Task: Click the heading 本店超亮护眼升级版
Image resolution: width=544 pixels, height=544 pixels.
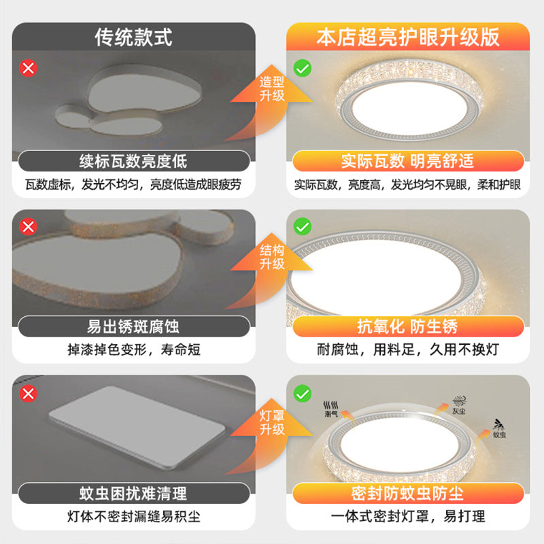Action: pyautogui.click(x=408, y=37)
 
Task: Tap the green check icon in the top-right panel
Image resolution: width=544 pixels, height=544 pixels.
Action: pyautogui.click(x=302, y=68)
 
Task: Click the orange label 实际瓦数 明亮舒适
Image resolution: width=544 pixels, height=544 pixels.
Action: pyautogui.click(x=408, y=161)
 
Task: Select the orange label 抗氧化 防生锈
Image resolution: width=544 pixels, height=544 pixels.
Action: pyautogui.click(x=408, y=326)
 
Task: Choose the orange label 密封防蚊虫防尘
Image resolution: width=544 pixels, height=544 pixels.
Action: pyautogui.click(x=408, y=492)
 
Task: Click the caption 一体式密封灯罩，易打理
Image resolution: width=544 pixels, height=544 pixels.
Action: pyautogui.click(x=408, y=517)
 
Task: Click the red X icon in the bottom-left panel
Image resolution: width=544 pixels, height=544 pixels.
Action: pyautogui.click(x=29, y=392)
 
